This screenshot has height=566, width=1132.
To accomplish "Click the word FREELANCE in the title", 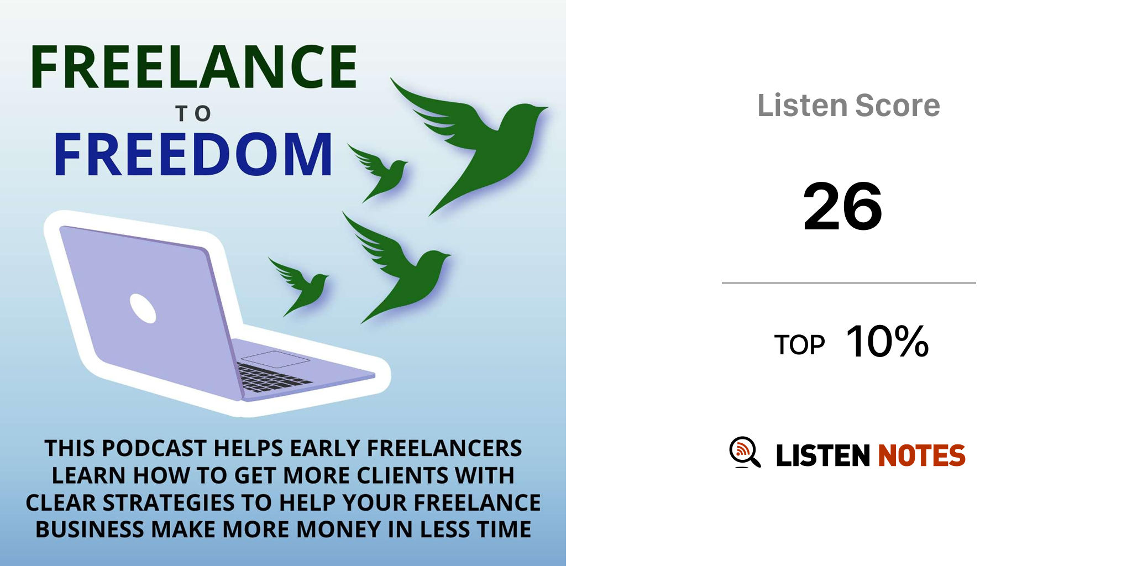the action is [194, 67].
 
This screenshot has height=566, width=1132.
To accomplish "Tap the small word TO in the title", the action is [193, 114].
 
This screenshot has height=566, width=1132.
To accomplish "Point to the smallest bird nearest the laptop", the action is [301, 285].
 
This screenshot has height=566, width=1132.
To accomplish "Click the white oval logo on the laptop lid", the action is [143, 308].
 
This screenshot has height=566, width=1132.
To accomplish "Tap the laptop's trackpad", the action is [275, 359].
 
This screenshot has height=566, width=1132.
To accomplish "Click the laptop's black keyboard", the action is [274, 378].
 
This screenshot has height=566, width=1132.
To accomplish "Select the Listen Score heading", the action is [848, 105].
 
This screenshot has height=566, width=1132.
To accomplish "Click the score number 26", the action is [842, 207].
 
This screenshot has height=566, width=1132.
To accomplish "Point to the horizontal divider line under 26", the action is [848, 283].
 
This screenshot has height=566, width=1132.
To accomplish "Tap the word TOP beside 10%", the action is [799, 345].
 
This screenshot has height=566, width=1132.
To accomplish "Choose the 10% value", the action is [888, 342].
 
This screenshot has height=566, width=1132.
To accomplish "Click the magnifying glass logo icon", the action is [745, 453].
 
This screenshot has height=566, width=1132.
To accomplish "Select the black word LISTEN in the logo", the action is [823, 455].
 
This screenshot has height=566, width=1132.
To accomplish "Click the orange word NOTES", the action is [921, 455].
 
